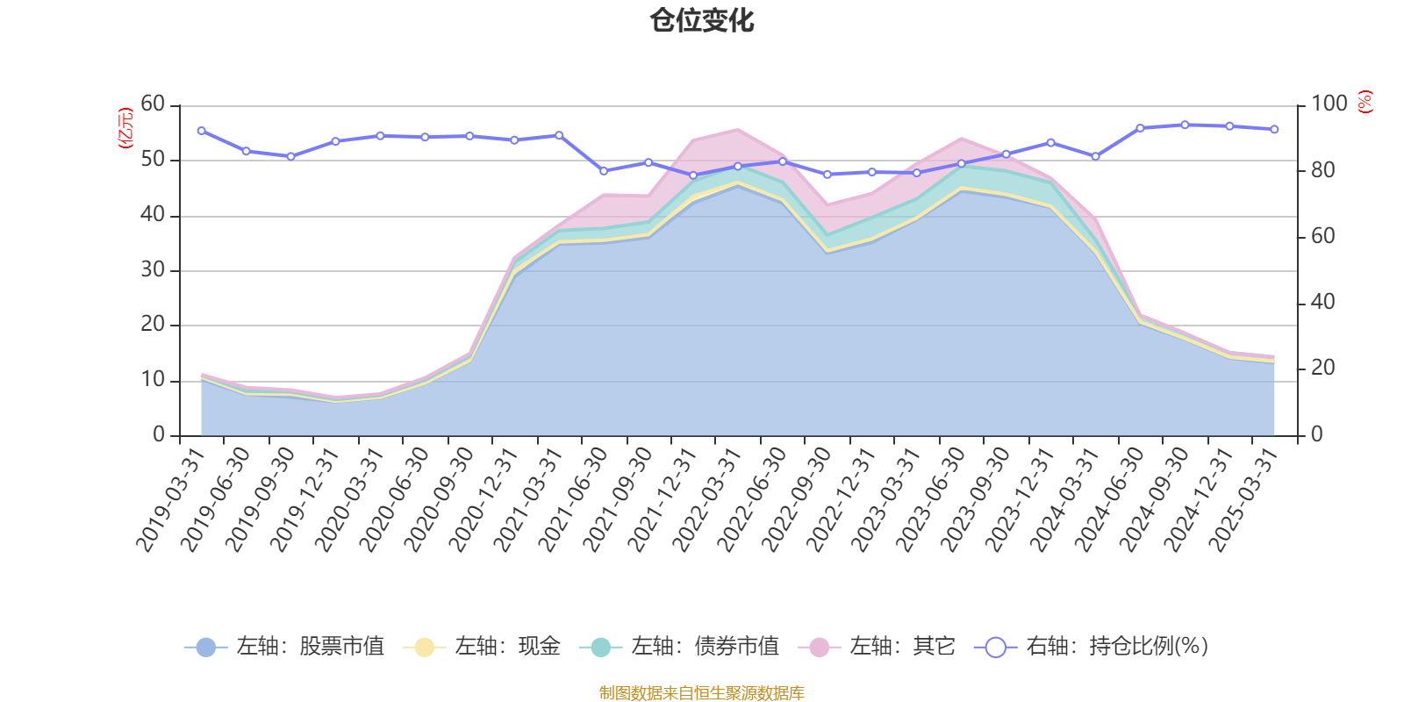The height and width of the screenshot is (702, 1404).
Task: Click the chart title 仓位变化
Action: [702, 20]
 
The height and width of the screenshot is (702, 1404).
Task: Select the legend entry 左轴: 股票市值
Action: [284, 647]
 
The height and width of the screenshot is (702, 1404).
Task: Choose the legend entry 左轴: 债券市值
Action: [679, 647]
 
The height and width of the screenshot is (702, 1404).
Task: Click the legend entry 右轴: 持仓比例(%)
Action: [1092, 647]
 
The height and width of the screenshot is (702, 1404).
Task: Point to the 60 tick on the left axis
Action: [153, 104]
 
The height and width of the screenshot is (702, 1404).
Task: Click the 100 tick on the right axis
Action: [1329, 104]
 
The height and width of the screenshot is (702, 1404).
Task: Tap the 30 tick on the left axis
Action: [153, 270]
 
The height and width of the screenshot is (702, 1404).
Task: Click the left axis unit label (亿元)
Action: [125, 128]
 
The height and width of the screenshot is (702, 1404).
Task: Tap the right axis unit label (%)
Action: [1365, 102]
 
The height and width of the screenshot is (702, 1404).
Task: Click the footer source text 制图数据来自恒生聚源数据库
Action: [702, 693]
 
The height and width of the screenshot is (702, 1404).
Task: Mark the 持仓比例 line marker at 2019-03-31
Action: [202, 131]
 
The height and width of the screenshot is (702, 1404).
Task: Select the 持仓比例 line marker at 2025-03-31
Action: [1274, 129]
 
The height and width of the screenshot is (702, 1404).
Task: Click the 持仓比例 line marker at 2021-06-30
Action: [604, 171]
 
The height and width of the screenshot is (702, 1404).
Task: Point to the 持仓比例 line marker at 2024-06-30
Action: [1140, 128]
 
